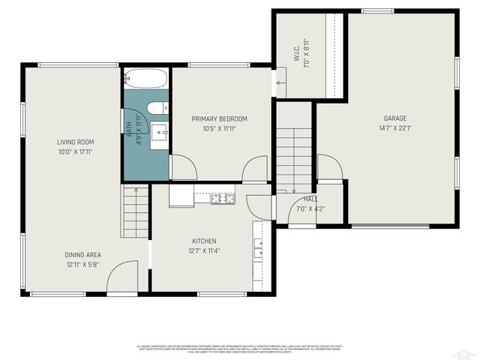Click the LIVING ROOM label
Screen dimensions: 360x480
75,142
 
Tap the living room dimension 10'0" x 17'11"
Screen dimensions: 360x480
75,151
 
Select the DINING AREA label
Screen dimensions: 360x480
82,255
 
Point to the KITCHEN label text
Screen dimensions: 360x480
204,241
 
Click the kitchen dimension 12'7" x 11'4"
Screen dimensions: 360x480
204,251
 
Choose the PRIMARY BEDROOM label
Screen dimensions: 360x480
219,119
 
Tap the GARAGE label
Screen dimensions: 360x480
395,118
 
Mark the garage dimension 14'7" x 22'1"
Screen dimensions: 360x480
395,128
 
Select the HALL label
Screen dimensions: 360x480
310,199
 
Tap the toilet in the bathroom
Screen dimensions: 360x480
157,109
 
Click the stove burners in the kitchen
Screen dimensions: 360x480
223,198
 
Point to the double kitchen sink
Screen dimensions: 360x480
259,248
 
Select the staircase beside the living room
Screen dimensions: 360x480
136,211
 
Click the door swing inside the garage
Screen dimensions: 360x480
328,167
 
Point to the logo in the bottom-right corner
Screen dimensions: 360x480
466,352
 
